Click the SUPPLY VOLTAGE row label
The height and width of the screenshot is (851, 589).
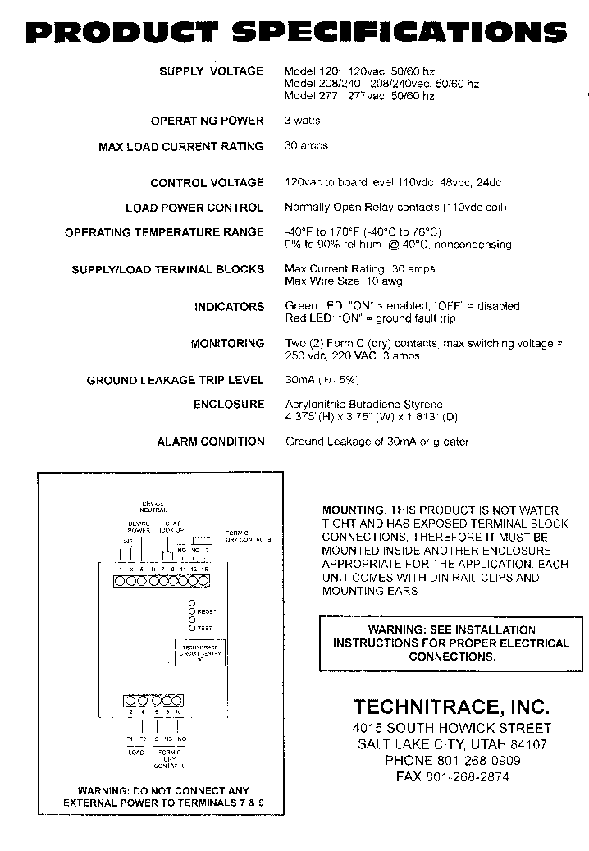pyautogui.click(x=211, y=71)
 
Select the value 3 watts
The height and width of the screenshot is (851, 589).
pyautogui.click(x=302, y=121)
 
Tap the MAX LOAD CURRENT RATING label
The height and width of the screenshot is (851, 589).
pyautogui.click(x=180, y=147)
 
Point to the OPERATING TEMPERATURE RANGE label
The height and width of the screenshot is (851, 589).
pyautogui.click(x=164, y=232)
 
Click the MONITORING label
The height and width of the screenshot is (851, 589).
pyautogui.click(x=227, y=344)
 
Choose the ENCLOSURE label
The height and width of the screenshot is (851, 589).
pyautogui.click(x=229, y=405)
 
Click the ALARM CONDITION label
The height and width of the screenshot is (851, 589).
pyautogui.click(x=211, y=442)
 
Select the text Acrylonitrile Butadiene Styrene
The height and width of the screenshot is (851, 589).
pyautogui.click(x=363, y=405)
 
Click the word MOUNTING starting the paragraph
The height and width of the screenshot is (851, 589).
pyautogui.click(x=353, y=510)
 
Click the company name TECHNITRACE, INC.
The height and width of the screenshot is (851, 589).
pyautogui.click(x=451, y=707)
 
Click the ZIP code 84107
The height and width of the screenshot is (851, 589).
pyautogui.click(x=528, y=744)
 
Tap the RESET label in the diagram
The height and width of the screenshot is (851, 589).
pyautogui.click(x=205, y=612)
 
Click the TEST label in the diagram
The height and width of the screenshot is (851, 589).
pyautogui.click(x=204, y=628)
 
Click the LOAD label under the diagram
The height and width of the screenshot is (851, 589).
pyautogui.click(x=135, y=752)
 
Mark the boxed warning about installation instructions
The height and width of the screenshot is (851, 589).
pyautogui.click(x=450, y=643)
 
